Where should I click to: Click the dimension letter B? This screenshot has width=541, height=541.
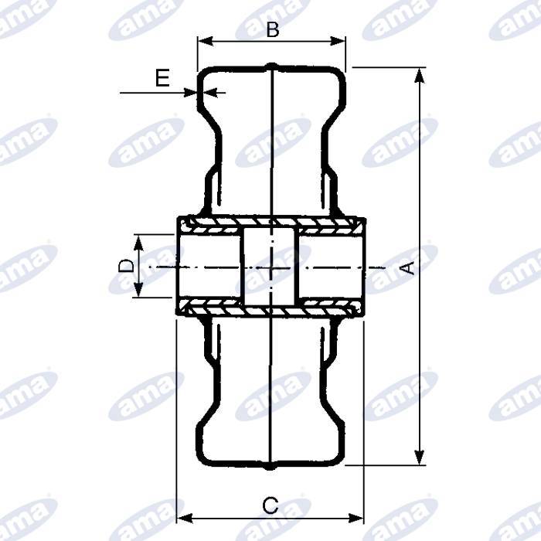[x=271, y=29]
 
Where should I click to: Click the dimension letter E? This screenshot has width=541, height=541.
[x=162, y=77]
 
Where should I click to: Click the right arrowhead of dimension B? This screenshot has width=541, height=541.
[x=340, y=42]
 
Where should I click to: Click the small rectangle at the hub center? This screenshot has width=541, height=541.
[x=270, y=267]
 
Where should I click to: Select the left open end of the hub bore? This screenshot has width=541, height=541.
[x=179, y=266]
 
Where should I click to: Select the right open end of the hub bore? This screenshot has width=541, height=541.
[x=361, y=266]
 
